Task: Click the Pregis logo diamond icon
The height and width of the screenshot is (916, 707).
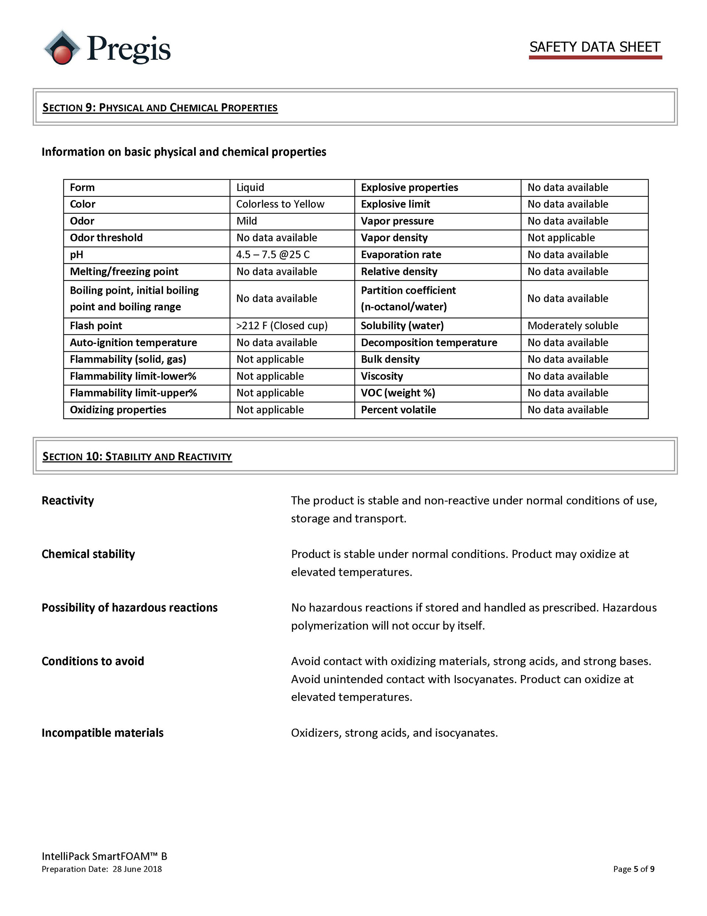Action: pos(62,48)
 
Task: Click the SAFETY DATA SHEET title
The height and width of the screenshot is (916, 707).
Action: pos(595,47)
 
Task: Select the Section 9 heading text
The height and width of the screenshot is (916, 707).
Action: pos(160,108)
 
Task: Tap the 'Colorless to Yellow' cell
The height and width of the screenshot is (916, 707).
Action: pos(280,204)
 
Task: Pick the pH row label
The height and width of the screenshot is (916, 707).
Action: pos(77,255)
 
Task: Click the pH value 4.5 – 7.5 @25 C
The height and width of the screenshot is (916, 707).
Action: pos(273,255)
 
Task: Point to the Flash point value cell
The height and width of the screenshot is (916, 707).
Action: pos(282,326)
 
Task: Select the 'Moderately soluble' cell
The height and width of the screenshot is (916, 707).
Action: pos(573,326)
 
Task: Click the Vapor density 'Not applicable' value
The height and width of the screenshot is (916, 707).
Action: pos(561,238)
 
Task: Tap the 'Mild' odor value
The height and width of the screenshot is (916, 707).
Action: pos(246,221)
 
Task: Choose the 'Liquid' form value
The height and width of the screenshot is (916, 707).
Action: pos(250,188)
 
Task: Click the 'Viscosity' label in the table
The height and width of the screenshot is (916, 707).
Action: pos(382,376)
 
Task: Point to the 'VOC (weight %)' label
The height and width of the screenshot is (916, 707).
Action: pos(398,393)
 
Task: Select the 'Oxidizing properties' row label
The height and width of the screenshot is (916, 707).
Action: pos(118,410)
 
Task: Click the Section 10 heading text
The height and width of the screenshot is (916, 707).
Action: pos(137,456)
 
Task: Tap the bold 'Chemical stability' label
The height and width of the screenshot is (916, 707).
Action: pos(88,554)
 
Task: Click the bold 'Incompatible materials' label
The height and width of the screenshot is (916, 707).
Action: pos(102,733)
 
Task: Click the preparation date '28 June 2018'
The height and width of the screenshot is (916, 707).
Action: pos(137,869)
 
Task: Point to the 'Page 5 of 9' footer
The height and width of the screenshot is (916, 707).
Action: pos(633,869)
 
